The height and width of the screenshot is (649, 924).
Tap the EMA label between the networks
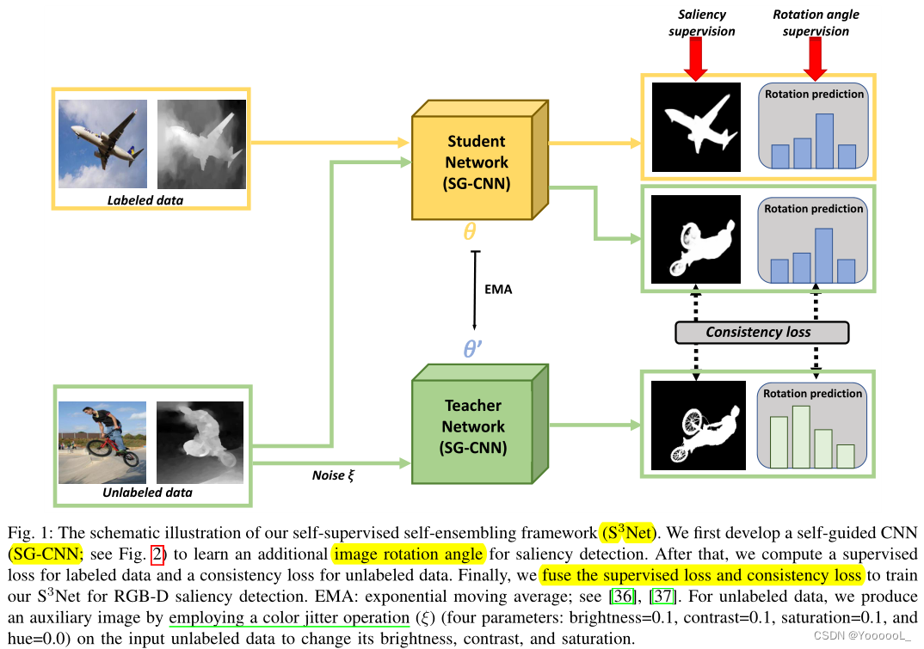click(498, 290)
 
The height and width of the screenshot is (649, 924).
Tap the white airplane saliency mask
click(695, 126)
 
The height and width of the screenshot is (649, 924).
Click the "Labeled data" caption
click(145, 200)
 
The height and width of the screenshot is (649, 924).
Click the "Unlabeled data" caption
click(148, 493)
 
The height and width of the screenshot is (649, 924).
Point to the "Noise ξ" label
click(333, 475)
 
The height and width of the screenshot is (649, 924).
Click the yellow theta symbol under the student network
click(471, 231)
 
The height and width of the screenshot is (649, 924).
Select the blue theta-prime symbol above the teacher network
click(474, 350)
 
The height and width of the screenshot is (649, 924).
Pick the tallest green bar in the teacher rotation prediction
click(801, 437)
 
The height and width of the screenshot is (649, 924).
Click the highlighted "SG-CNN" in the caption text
click(32, 554)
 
